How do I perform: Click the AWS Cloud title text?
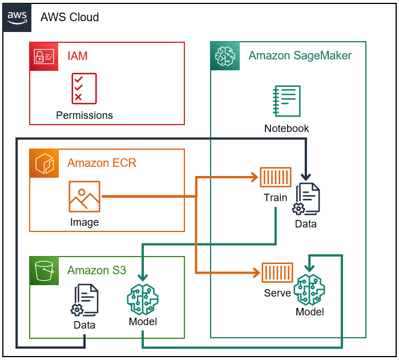pyautogui.click(x=70, y=17)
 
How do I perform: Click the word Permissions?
pyautogui.click(x=84, y=115)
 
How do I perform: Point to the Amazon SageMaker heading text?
pyautogui.click(x=300, y=55)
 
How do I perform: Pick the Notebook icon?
pyautogui.click(x=287, y=102)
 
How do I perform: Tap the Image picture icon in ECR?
pyautogui.click(x=84, y=197)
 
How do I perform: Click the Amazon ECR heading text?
pyautogui.click(x=102, y=163)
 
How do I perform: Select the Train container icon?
pyautogui.click(x=276, y=177)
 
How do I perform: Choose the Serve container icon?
pyautogui.click(x=277, y=273)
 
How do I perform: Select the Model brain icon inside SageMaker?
pyautogui.click(x=309, y=289)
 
